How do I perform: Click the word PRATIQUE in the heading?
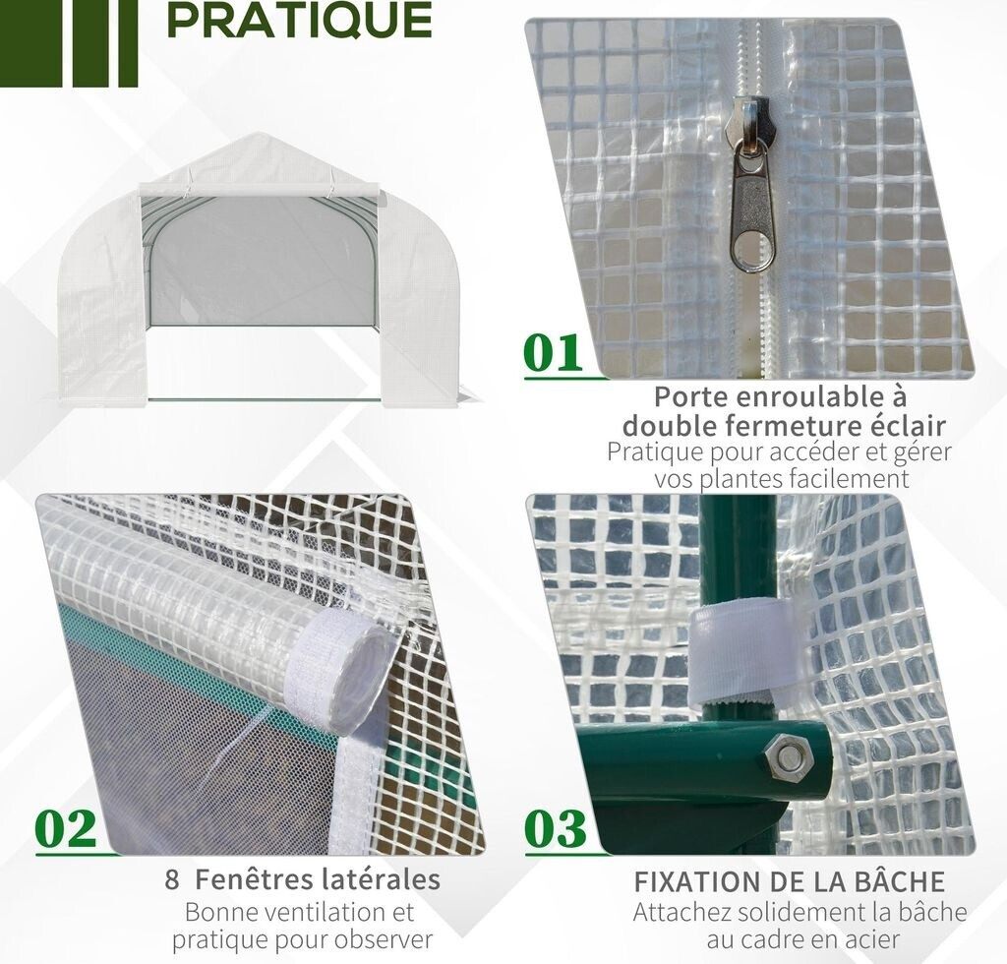click(299, 20)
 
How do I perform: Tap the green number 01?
click(554, 353)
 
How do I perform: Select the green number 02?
click(66, 829)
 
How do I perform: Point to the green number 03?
click(556, 829)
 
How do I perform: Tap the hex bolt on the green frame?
click(788, 755)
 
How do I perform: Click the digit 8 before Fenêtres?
click(171, 879)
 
